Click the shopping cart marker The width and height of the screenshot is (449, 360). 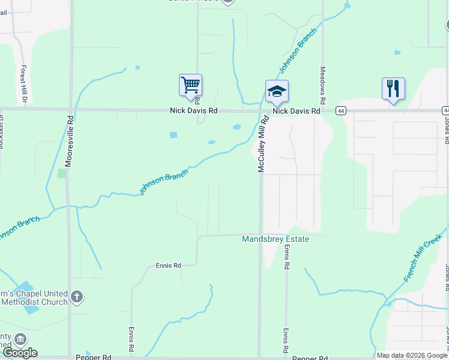pyautogui.click(x=190, y=85)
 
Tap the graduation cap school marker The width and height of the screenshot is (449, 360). pyautogui.click(x=277, y=91)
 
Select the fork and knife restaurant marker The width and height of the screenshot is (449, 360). pyautogui.click(x=393, y=89)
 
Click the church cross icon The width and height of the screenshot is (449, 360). pyautogui.click(x=76, y=296)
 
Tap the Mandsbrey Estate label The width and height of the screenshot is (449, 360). pyautogui.click(x=276, y=239)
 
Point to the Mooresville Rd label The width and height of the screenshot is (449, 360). pyautogui.click(x=69, y=141)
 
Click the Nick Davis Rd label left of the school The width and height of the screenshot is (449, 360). pyautogui.click(x=193, y=111)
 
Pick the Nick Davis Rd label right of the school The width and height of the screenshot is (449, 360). pyautogui.click(x=296, y=111)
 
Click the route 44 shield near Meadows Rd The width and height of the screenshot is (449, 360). pyautogui.click(x=341, y=111)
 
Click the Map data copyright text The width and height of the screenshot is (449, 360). pyautogui.click(x=412, y=355)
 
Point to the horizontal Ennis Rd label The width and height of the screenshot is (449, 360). pyautogui.click(x=168, y=265)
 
